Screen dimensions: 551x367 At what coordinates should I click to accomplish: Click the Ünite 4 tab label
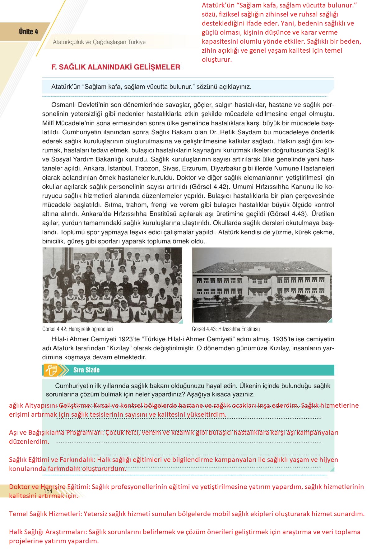[28, 32]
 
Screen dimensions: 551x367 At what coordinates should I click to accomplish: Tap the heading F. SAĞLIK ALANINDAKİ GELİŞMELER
[115, 67]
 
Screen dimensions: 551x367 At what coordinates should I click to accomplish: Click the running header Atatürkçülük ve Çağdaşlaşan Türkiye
[99, 42]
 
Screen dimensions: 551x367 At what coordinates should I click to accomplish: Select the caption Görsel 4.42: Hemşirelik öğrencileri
[77, 329]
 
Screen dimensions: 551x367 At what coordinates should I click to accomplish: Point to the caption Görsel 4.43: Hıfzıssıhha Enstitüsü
[226, 329]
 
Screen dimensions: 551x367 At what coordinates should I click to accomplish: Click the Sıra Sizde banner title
[86, 370]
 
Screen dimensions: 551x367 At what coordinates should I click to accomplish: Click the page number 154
[48, 491]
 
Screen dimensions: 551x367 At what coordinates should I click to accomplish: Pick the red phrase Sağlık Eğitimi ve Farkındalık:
[52, 460]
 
